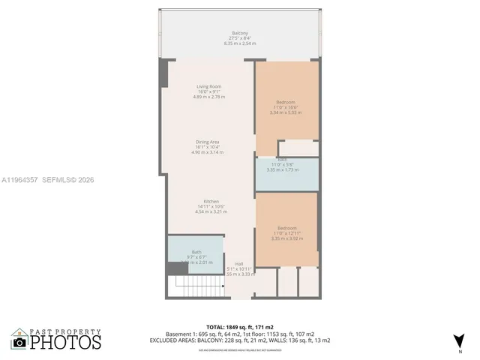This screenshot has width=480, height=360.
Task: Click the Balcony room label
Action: coord(240,34)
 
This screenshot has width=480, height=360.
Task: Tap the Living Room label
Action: coord(208,87)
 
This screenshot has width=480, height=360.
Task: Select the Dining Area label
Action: coord(208,142)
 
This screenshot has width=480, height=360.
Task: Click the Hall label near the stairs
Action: coord(238,264)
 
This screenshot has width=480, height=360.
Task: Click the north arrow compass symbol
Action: coord(458,341)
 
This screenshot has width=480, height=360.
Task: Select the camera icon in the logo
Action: coord(19,342)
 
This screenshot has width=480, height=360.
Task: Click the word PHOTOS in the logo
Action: coord(65,342)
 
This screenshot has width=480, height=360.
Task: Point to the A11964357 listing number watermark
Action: coord(19,180)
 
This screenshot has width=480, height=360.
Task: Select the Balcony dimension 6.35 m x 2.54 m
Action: coord(240,43)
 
